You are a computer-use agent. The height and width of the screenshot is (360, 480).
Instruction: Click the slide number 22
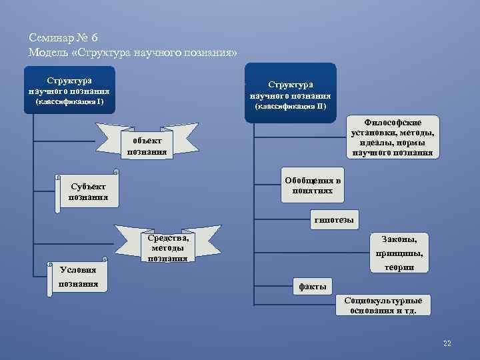(447, 343)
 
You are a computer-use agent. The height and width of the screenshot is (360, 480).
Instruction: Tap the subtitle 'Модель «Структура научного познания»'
(133, 53)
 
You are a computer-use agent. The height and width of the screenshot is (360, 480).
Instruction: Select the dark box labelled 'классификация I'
(69, 89)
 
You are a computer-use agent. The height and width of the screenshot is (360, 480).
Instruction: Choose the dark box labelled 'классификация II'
(290, 93)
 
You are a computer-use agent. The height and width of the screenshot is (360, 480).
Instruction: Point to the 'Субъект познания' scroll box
(87, 191)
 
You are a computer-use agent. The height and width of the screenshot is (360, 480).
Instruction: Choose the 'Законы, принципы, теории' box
(399, 253)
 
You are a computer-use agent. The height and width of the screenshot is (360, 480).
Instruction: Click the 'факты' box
(313, 287)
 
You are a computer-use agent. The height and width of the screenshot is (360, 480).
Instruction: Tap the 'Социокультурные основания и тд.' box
(383, 305)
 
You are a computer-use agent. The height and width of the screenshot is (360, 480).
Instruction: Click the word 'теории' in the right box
(399, 267)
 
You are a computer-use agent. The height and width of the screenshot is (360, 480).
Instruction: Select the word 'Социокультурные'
(383, 301)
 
